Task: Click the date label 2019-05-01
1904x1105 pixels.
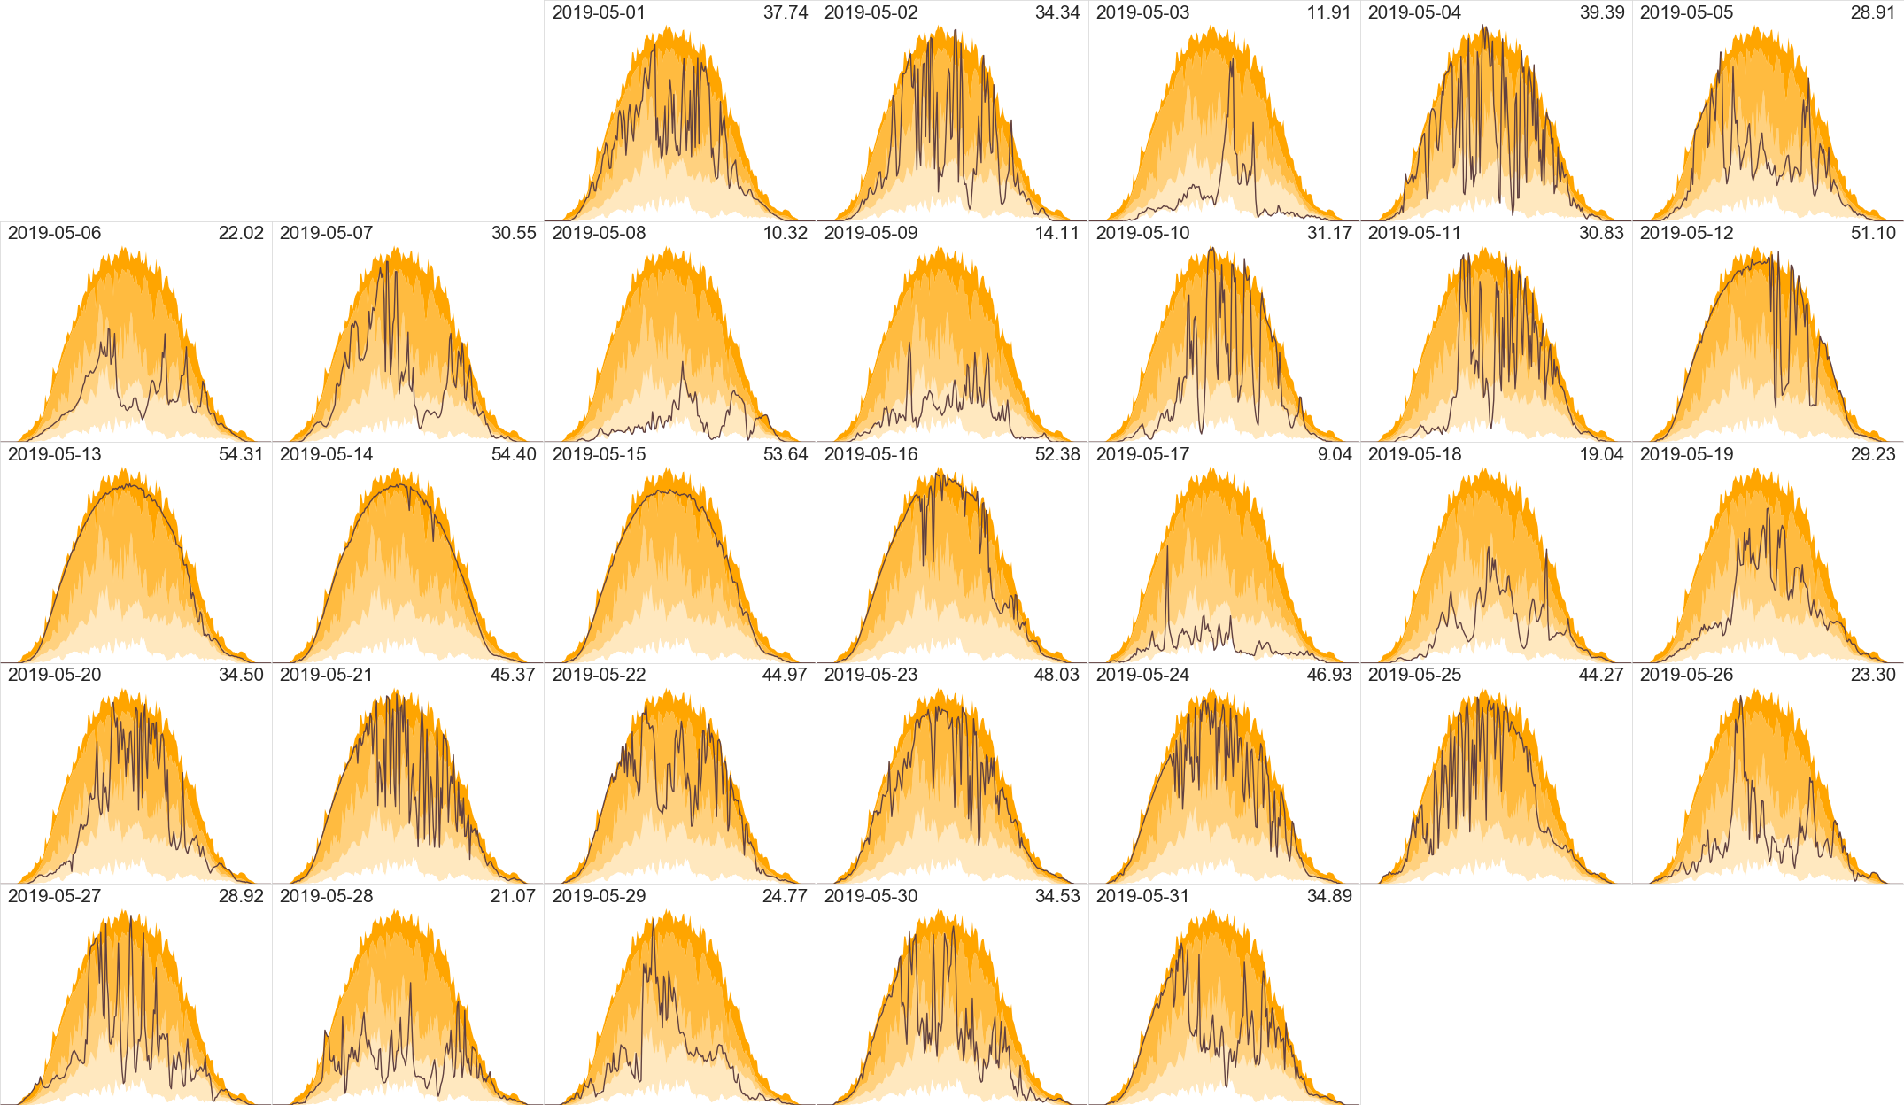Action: click(599, 12)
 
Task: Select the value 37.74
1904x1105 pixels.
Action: click(786, 12)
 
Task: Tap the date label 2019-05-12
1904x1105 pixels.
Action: click(1686, 233)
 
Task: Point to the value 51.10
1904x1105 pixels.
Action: click(1873, 233)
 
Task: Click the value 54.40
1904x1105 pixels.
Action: click(514, 454)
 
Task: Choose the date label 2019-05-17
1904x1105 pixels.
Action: click(1142, 454)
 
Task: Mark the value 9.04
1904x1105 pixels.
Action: click(1335, 454)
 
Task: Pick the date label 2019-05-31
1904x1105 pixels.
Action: click(1142, 896)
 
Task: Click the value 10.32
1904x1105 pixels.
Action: click(786, 233)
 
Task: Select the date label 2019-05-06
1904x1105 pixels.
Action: click(54, 233)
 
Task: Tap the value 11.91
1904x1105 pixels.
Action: click(1328, 12)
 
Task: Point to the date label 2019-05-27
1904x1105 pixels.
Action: click(54, 896)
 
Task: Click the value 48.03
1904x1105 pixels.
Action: click(1056, 675)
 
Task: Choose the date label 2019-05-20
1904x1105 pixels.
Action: click(54, 675)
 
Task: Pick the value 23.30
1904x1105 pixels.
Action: click(1873, 675)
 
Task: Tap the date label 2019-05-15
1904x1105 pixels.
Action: click(599, 454)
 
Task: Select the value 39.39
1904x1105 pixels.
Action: click(1602, 12)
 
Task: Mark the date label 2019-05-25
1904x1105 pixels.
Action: click(1414, 675)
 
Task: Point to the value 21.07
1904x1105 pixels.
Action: click(513, 896)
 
